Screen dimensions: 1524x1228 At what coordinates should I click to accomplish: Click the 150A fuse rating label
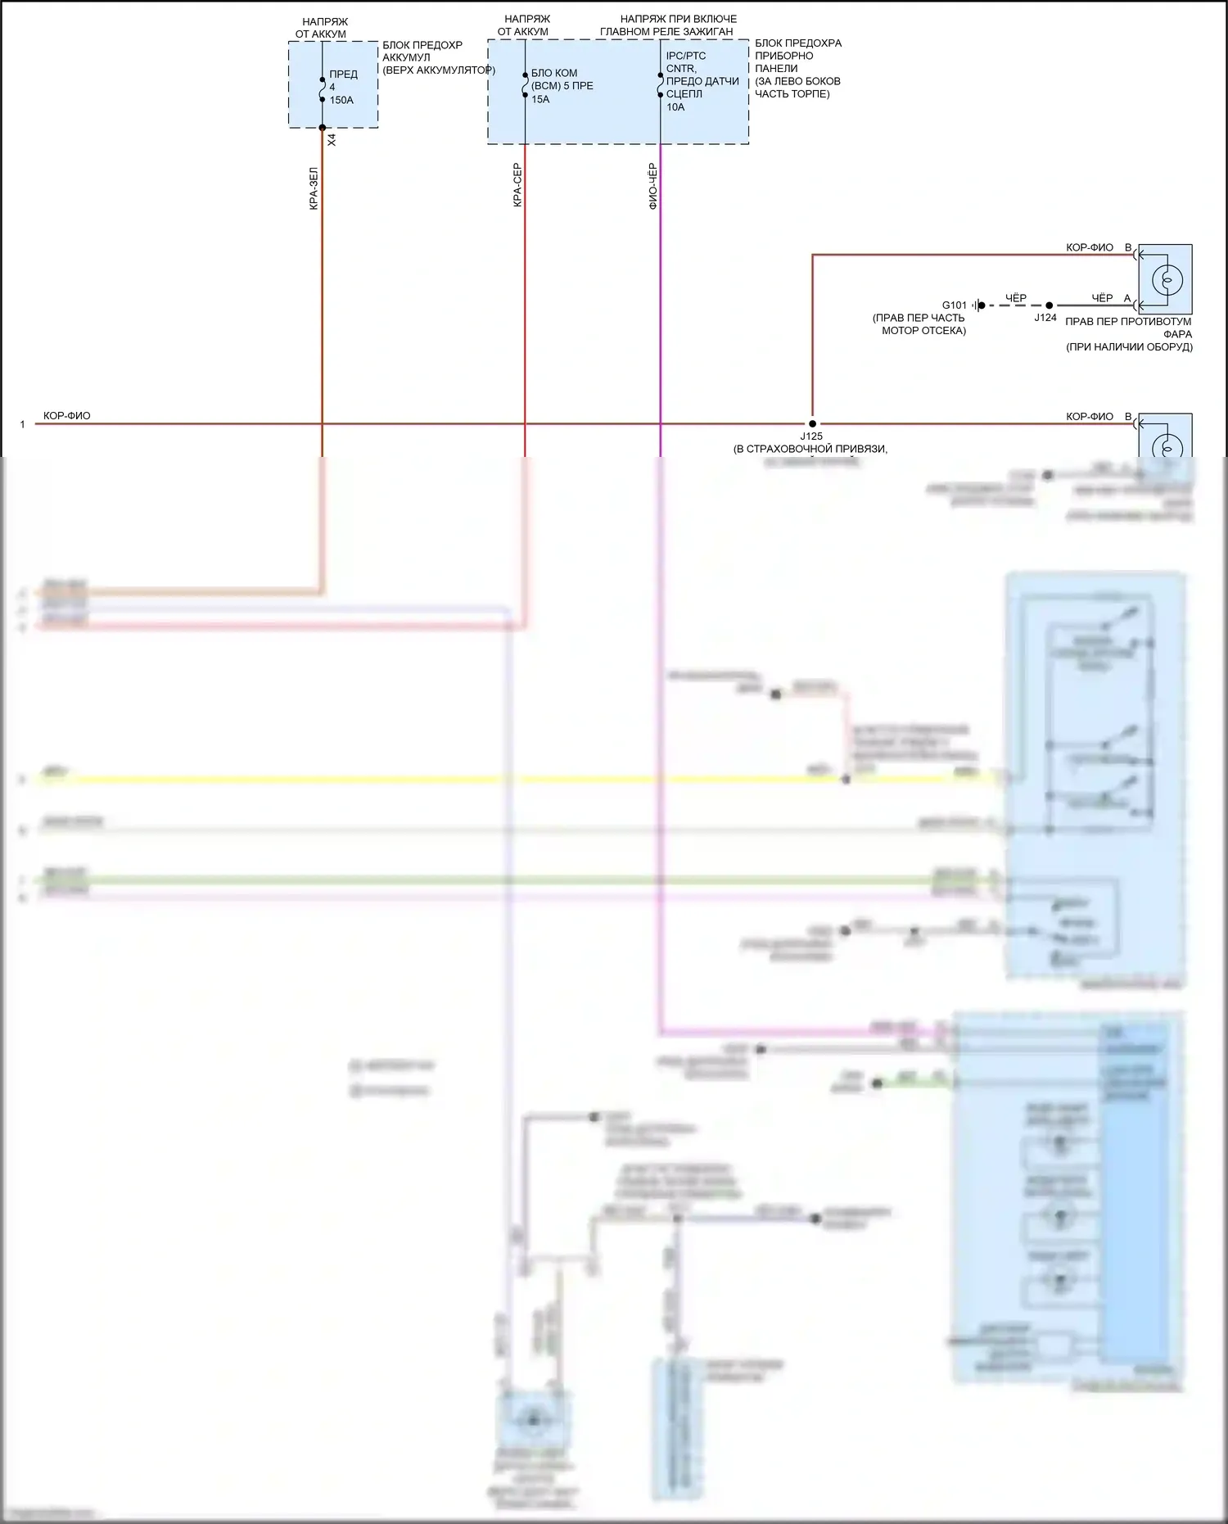point(341,100)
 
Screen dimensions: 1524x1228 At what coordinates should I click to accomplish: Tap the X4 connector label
point(332,140)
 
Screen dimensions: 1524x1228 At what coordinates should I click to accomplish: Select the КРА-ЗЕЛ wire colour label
point(314,189)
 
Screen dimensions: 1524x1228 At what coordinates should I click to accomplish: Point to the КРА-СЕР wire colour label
point(517,185)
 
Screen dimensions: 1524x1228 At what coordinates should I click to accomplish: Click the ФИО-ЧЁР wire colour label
point(652,186)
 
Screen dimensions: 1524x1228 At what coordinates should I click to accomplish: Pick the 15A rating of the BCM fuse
point(540,99)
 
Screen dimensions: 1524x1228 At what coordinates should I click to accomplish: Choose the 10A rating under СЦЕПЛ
point(675,107)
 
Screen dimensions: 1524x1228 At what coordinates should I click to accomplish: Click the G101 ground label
point(954,305)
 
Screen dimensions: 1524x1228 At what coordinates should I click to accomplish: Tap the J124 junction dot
point(1049,305)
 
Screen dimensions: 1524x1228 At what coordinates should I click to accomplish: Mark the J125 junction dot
point(812,424)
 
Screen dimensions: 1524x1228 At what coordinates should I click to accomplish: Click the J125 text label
point(811,436)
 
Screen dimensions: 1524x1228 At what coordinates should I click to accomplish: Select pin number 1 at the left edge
point(23,424)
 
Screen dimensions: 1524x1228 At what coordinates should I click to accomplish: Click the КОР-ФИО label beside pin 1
point(67,416)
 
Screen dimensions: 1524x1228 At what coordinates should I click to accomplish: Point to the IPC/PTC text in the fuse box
point(686,57)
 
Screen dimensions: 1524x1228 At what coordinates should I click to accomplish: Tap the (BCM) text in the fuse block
point(546,86)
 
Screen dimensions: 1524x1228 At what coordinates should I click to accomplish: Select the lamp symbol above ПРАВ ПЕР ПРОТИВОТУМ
point(1167,279)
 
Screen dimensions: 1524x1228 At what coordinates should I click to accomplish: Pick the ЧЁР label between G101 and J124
point(1015,298)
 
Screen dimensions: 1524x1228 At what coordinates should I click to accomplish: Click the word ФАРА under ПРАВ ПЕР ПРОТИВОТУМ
point(1177,334)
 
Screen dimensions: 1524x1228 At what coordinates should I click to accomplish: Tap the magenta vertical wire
point(660,328)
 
